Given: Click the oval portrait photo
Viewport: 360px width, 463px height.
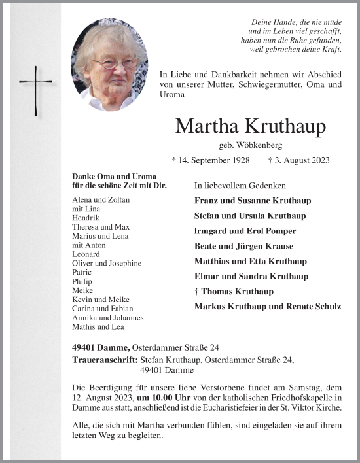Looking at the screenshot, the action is point(110,64).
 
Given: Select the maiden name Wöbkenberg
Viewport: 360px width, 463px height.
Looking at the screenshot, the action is point(249,145).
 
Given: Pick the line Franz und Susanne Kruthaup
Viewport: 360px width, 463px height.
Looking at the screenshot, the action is point(253,201).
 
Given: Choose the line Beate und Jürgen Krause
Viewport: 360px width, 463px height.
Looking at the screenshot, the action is point(243,246).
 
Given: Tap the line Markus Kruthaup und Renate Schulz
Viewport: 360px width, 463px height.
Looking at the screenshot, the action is point(267,306).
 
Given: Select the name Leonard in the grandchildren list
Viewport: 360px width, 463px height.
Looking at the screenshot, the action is point(87,254).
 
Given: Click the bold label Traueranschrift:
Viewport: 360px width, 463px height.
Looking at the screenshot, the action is point(105,360).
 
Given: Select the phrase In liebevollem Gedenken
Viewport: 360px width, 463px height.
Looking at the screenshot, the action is point(240,186).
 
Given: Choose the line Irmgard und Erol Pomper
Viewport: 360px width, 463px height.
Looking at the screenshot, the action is point(245,231).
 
